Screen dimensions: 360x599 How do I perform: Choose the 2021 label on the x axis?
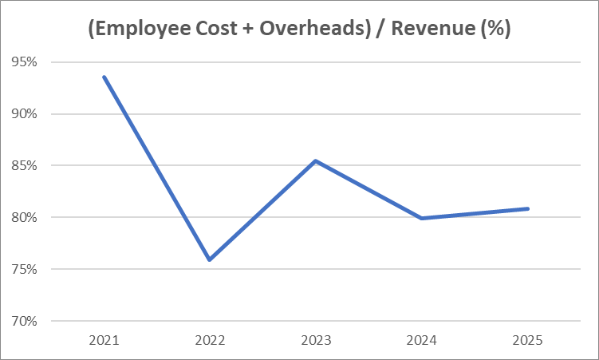[104, 341]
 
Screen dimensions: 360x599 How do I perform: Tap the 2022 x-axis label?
[209, 341]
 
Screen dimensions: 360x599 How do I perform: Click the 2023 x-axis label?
[315, 341]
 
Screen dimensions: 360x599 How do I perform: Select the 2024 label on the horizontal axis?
[421, 341]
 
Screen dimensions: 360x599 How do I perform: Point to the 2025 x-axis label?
[527, 341]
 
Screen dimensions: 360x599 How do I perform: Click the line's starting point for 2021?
[104, 77]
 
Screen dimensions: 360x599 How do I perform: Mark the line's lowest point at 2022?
[209, 259]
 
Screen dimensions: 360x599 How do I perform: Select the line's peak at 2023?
[315, 160]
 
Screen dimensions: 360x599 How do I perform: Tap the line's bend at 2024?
[421, 218]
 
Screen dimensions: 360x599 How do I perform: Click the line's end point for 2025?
[527, 208]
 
